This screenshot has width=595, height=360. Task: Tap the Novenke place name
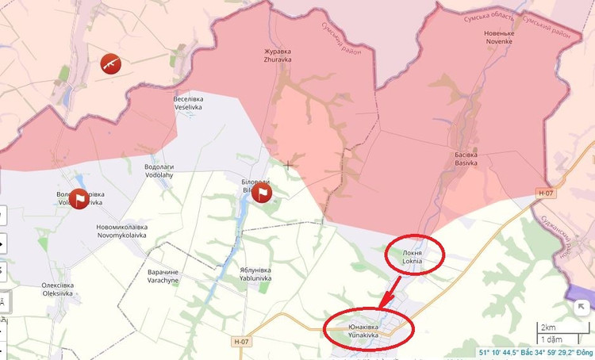coord(499,37)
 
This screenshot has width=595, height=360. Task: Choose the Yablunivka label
coord(255,274)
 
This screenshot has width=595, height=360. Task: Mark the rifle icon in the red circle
coord(110,62)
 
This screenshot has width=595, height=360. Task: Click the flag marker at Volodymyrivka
coord(79,198)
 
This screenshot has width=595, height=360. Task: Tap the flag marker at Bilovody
coord(262,193)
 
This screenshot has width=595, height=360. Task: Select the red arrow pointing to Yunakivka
coord(390,293)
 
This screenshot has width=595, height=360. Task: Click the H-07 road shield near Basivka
coord(544,193)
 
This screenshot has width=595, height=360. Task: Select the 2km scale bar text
coord(548,327)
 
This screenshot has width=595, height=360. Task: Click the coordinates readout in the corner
coord(535,352)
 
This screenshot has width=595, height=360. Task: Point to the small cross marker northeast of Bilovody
coord(287,164)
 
